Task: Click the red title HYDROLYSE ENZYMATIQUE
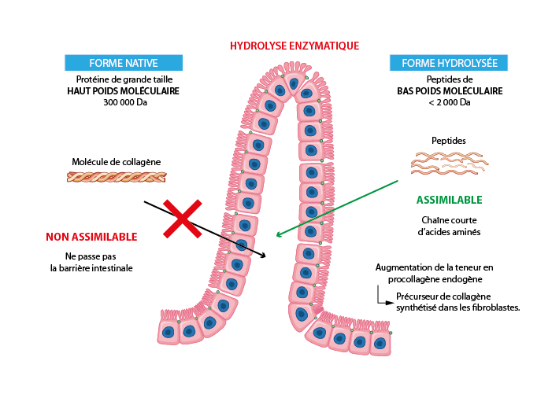(x=295, y=46)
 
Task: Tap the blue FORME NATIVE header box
(x=124, y=63)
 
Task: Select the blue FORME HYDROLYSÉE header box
(x=449, y=63)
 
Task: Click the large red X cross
(x=182, y=219)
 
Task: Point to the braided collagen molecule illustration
(x=117, y=177)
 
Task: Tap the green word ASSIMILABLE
(x=449, y=200)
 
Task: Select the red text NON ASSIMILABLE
(x=91, y=237)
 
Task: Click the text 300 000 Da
(x=124, y=102)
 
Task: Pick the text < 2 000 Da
(x=449, y=102)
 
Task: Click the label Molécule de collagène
(x=117, y=162)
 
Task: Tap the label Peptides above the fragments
(x=449, y=141)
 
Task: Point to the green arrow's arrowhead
(x=278, y=234)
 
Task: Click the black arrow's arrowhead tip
(x=265, y=256)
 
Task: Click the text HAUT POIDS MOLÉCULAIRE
(x=124, y=91)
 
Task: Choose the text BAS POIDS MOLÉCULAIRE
(x=449, y=91)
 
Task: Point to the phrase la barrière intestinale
(x=91, y=268)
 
